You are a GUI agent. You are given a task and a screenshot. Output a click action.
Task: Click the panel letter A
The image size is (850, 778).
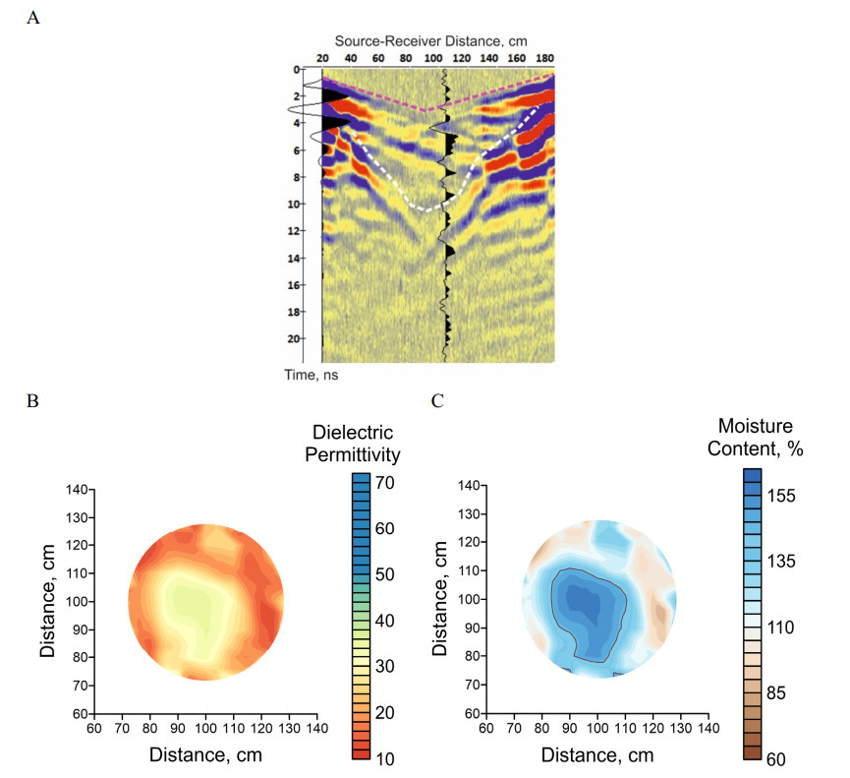33,18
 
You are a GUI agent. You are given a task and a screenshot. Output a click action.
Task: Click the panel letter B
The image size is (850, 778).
33,402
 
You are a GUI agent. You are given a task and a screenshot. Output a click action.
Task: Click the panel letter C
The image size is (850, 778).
437,401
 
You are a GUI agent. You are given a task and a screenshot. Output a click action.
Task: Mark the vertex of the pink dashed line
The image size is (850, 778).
425,111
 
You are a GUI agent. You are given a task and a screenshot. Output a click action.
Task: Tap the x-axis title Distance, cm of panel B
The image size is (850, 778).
204,754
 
